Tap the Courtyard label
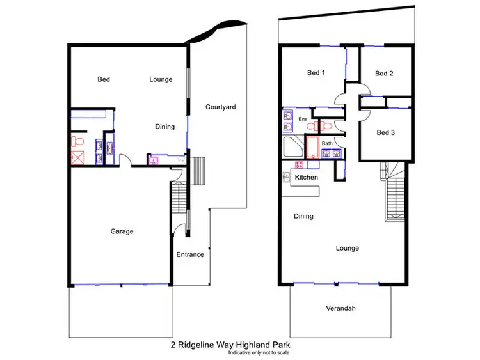pyautogui.click(x=221, y=107)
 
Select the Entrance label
pyautogui.click(x=190, y=254)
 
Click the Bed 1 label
pyautogui.click(x=316, y=73)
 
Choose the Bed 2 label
pyautogui.click(x=384, y=74)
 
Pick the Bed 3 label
pyautogui.click(x=385, y=133)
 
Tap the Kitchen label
pyautogui.click(x=307, y=177)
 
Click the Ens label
pyautogui.click(x=303, y=119)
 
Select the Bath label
pyautogui.click(x=327, y=143)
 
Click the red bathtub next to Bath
pyautogui.click(x=312, y=147)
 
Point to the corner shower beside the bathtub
pyautogui.click(x=293, y=148)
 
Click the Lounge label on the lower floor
pyautogui.click(x=161, y=79)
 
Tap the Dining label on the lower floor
pyautogui.click(x=164, y=127)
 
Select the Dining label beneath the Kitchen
pyautogui.click(x=303, y=216)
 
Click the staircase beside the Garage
pyautogui.click(x=179, y=201)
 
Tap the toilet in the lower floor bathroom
pyautogui.click(x=77, y=139)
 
